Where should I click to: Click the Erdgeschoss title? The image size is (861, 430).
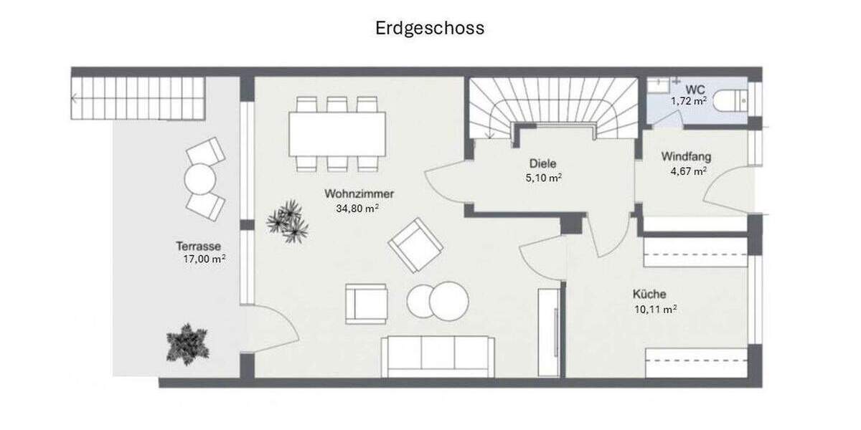tap(430, 28)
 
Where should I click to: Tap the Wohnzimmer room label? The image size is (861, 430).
tap(359, 194)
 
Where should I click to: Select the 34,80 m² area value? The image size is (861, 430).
tap(357, 209)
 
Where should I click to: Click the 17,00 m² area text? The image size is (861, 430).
tap(204, 259)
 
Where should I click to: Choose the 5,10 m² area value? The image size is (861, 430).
tap(543, 178)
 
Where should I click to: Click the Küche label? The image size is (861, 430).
tap(649, 294)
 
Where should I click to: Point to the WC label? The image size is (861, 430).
tap(695, 89)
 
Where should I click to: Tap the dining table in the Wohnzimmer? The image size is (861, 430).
tap(337, 134)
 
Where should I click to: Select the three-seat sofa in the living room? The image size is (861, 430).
tap(438, 356)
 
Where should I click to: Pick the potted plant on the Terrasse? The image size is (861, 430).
tap(188, 343)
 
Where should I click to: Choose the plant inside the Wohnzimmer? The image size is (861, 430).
tap(288, 220)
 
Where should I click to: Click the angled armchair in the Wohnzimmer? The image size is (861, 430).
tap(415, 244)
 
